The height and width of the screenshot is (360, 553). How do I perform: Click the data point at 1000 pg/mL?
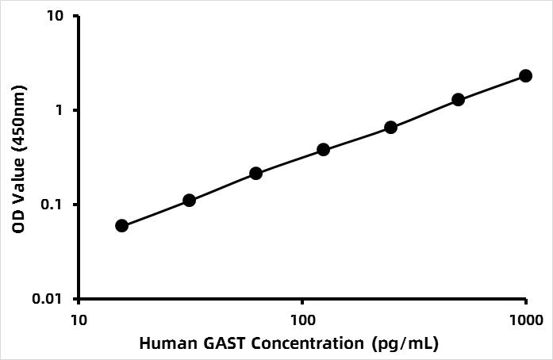coord(525,75)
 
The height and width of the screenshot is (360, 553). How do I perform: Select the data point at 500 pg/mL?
coord(458,99)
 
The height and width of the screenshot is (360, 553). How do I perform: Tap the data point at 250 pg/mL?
coord(390,127)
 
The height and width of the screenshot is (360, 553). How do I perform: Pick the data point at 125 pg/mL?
coord(323,149)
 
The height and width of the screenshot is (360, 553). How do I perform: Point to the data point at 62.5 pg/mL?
coord(255,173)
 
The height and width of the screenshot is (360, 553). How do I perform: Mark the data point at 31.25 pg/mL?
coord(189,200)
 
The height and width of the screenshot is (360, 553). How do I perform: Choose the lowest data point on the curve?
coord(121,225)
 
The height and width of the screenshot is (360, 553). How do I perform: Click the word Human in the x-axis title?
coord(163,344)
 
